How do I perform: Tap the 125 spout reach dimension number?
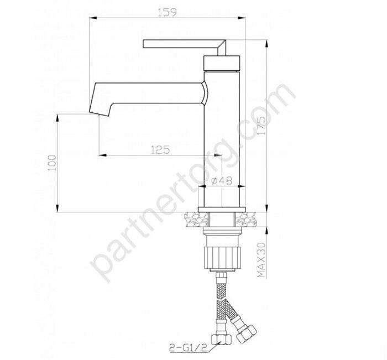point(158,149)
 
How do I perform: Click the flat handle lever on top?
point(182,43)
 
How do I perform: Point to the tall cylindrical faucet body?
point(223,138)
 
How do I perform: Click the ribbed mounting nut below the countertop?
point(223,257)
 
